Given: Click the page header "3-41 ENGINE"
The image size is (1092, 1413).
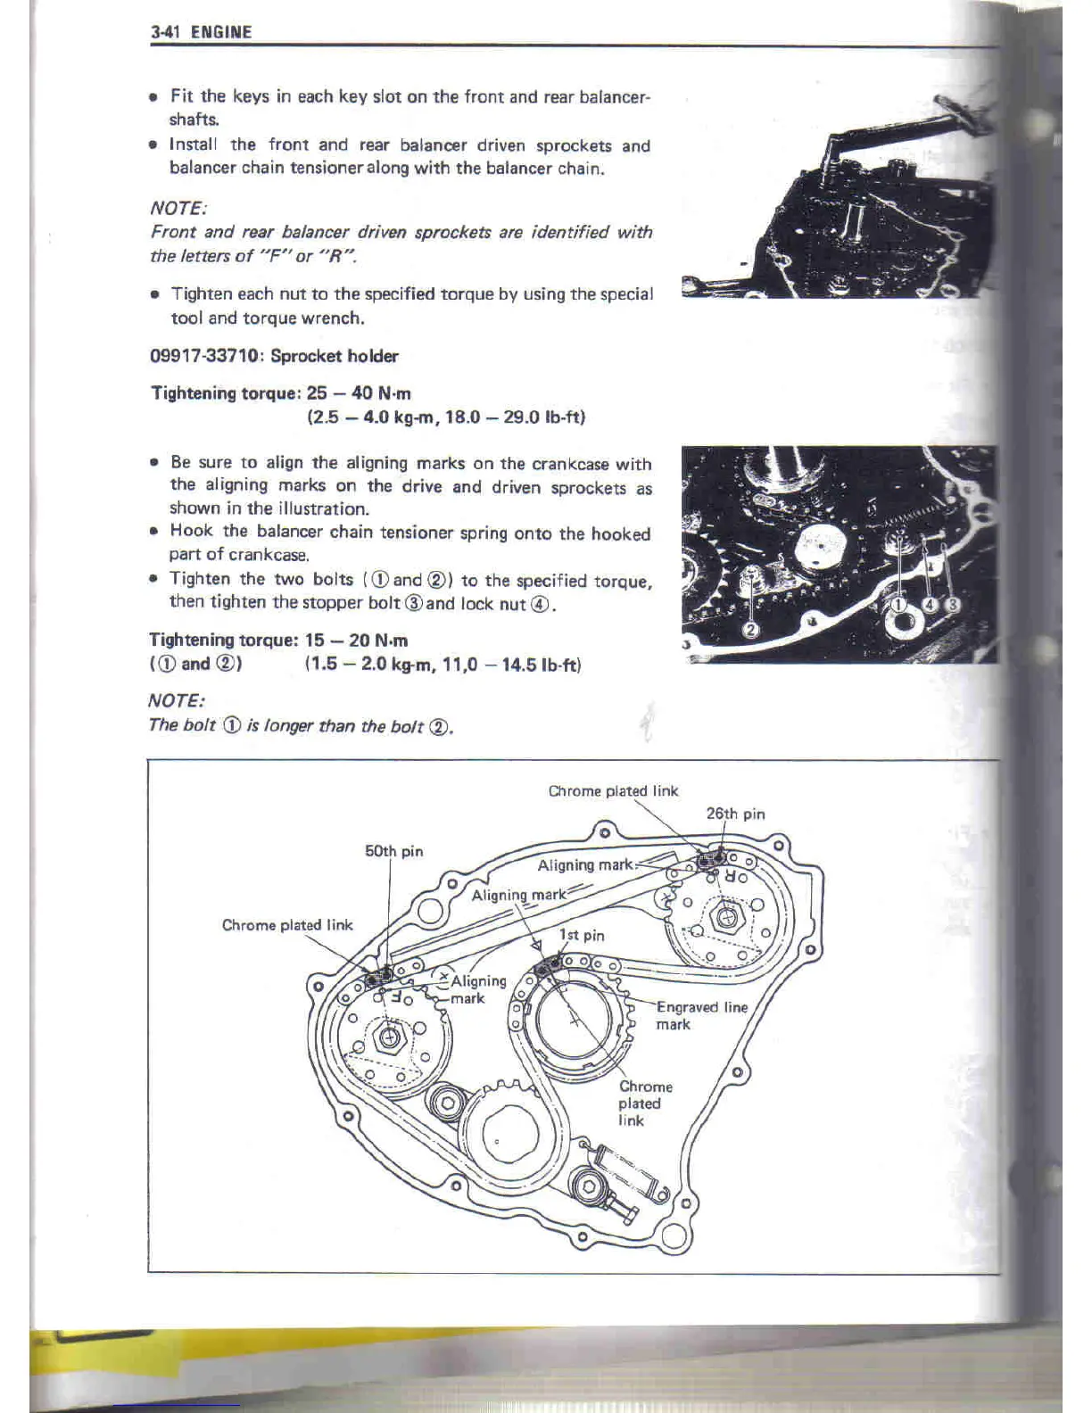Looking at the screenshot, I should [x=202, y=32].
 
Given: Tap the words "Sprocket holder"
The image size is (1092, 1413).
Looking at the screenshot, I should [x=335, y=356].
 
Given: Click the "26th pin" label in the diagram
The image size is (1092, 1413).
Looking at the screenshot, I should [x=735, y=814].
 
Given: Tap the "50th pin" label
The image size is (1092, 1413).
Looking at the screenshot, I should [x=393, y=851].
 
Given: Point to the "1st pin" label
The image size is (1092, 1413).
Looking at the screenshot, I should [x=582, y=935].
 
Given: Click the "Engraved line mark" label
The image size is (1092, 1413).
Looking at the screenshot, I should [x=701, y=1015].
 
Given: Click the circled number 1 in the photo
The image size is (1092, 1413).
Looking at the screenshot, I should [x=900, y=606].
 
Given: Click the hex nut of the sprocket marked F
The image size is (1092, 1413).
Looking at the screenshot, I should [x=390, y=1037].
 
